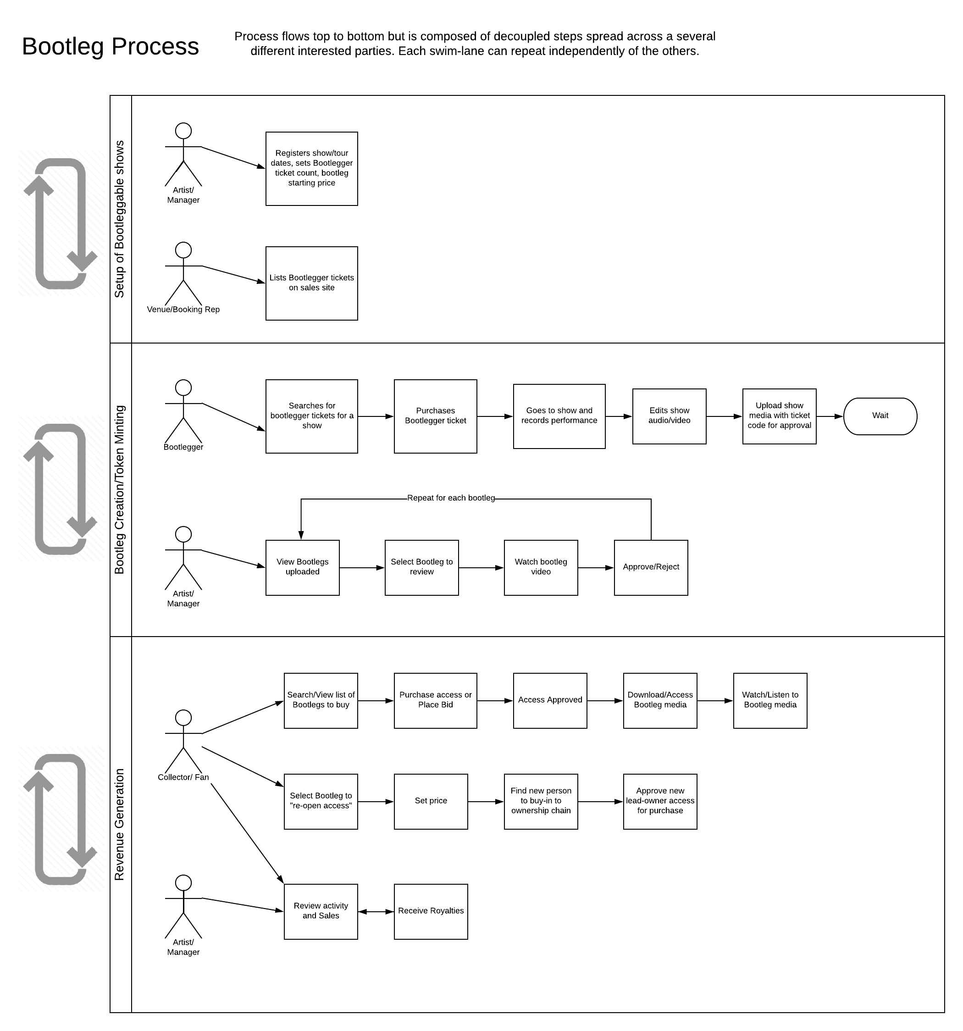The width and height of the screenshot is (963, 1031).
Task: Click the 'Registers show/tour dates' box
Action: point(312,169)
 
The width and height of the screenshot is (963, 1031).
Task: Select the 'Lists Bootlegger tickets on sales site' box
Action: point(312,283)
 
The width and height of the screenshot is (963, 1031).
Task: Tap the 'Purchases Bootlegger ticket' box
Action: point(436,416)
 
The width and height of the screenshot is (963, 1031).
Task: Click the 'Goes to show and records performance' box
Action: point(559,416)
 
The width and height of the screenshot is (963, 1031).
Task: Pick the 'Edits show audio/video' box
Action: point(669,416)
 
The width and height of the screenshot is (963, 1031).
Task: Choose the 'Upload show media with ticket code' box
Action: point(779,416)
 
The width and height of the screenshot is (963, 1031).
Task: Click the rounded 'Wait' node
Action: point(880,416)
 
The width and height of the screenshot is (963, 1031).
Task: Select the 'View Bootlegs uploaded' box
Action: point(302,567)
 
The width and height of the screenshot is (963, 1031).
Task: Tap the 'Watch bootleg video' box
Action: point(541,567)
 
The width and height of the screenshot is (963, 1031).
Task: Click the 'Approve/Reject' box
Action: point(651,567)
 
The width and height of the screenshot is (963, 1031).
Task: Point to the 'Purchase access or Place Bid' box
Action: point(436,700)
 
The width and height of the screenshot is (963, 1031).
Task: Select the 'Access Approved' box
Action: point(550,700)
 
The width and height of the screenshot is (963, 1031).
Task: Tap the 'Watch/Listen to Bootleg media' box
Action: point(770,700)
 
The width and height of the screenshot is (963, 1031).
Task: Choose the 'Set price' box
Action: point(431,801)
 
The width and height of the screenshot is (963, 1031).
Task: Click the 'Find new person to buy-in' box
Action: point(541,801)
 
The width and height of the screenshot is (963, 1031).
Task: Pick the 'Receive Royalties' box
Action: point(431,911)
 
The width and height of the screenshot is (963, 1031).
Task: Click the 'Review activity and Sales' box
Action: point(321,911)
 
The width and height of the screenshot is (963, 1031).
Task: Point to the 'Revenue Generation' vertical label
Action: point(120,825)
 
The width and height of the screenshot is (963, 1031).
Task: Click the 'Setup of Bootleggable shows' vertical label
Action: point(120,219)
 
